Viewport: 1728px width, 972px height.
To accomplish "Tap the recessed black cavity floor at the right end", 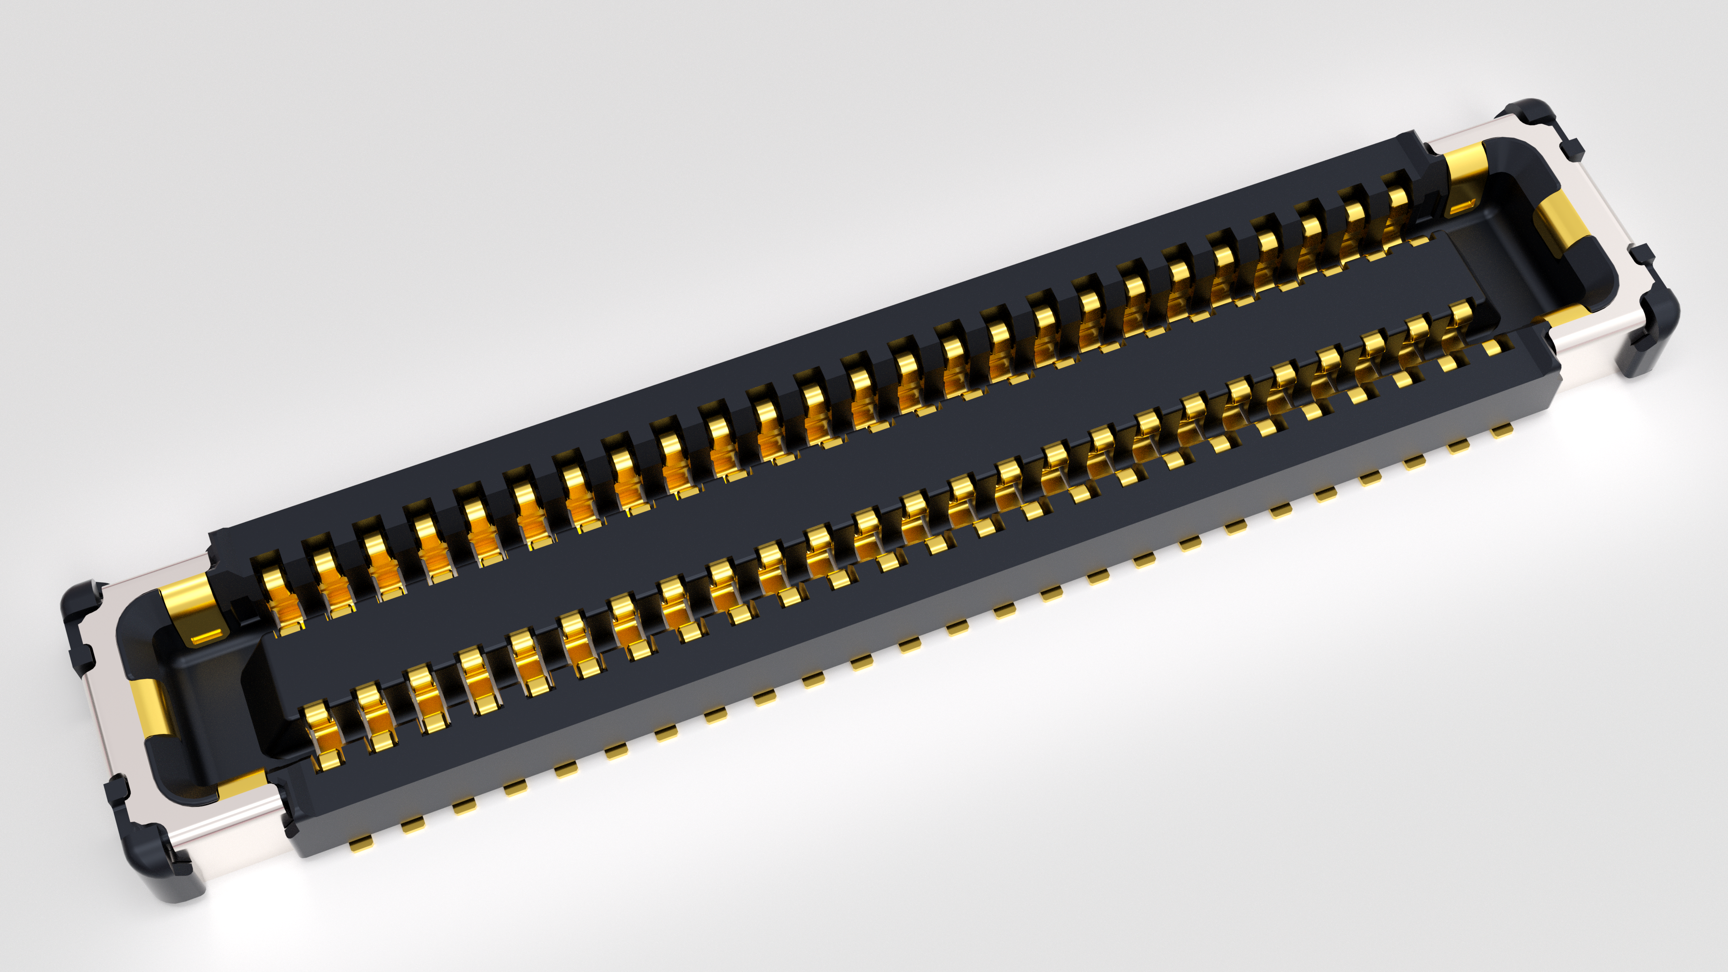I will [x=1536, y=268].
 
